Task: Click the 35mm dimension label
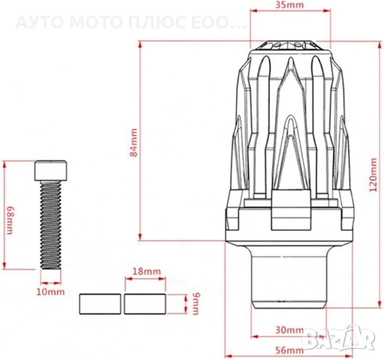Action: coord(289,4)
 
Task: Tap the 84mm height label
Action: coord(133,142)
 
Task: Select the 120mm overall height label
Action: coord(373,175)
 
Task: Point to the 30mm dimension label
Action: coord(289,330)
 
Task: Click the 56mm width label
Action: coord(289,350)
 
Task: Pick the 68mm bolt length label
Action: coord(9,220)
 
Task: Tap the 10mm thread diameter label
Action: coord(50,292)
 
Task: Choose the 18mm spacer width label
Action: coord(146,271)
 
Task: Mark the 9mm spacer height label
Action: coord(197,304)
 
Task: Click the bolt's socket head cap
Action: coord(51,170)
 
